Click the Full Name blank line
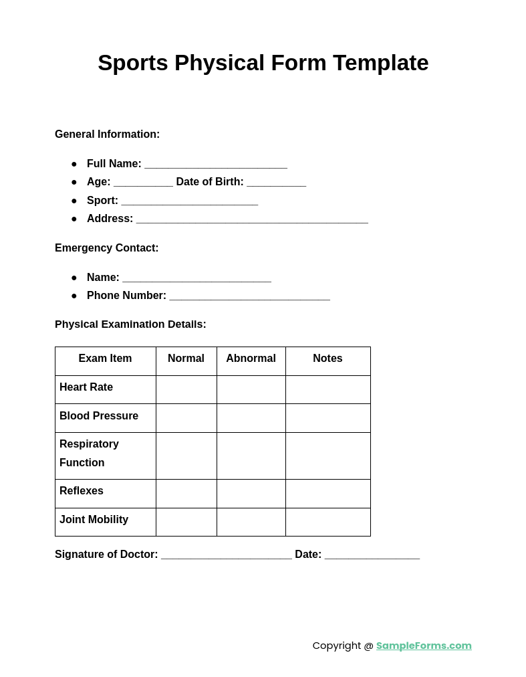216,165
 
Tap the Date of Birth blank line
276,183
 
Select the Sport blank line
190,201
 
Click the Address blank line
252,219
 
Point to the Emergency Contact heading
107,248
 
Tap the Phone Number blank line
249,296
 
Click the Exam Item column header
105,359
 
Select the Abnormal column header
251,359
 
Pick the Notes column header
327,359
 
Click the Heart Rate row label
86,387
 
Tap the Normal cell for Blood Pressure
186,417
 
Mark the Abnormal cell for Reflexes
251,493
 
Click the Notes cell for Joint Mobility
327,522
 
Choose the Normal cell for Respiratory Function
186,456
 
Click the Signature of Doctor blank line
226,555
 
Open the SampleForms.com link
424,646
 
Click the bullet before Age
74,183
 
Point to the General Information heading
107,134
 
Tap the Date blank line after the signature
372,555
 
